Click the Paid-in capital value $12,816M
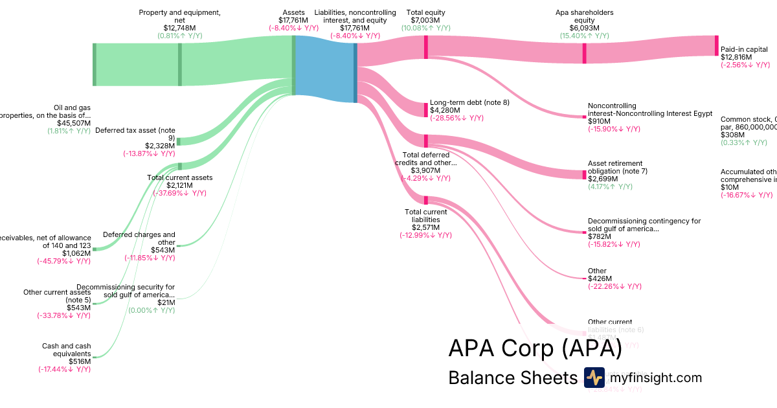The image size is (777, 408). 736,57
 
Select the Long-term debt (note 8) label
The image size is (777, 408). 469,102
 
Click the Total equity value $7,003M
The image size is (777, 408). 425,21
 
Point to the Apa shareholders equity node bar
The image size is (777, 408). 584,53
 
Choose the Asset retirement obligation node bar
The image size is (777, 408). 584,174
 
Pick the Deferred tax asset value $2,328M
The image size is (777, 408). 160,146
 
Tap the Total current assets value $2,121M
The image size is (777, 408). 179,185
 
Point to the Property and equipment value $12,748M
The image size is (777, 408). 179,28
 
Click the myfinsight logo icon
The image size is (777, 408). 594,378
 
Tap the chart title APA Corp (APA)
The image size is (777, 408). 535,348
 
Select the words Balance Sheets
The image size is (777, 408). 512,378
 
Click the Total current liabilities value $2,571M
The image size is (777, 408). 425,227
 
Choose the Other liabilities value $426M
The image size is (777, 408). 598,278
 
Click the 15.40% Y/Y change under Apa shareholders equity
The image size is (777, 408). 584,36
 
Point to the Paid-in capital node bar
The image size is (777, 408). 717,45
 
